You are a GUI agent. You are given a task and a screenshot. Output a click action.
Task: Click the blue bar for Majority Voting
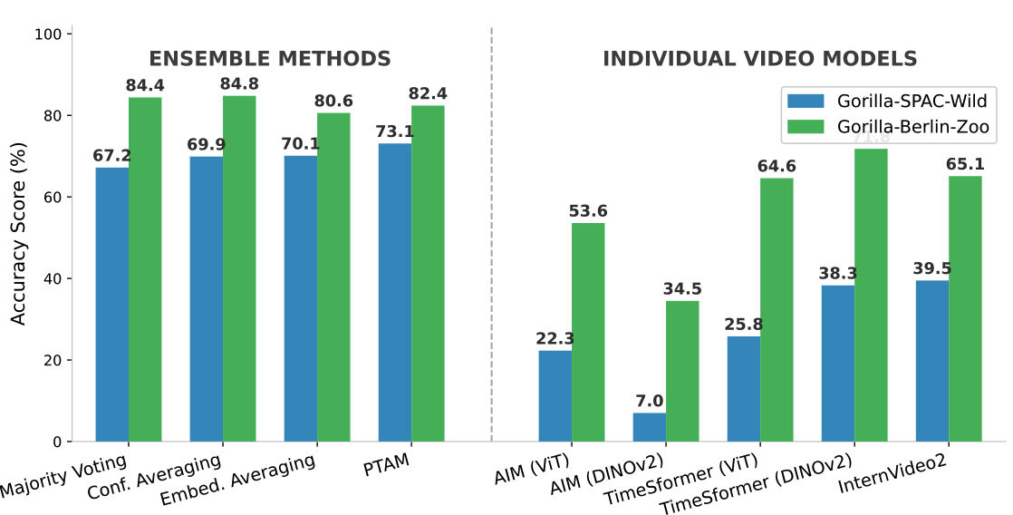(111, 305)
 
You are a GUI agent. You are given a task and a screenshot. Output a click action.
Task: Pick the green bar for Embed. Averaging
(333, 277)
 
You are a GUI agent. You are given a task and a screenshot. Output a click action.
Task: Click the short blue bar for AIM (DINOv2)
(650, 427)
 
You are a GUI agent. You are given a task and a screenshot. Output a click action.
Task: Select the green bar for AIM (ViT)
(588, 332)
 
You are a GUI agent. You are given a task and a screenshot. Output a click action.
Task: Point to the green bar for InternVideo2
(965, 308)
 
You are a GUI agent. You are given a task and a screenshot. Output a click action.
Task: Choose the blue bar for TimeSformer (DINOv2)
(838, 364)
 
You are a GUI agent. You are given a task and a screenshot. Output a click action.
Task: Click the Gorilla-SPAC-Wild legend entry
(888, 99)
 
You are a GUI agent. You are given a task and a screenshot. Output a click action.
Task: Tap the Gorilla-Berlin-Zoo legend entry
(888, 128)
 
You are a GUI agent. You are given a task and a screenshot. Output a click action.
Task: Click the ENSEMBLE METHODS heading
(270, 60)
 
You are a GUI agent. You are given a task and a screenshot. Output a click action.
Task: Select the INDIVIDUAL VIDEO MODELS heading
(760, 60)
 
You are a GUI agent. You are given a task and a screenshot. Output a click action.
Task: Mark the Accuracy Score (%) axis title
(19, 238)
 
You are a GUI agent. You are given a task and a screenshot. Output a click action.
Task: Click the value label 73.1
(395, 132)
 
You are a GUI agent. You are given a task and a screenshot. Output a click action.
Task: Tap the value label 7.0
(650, 402)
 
